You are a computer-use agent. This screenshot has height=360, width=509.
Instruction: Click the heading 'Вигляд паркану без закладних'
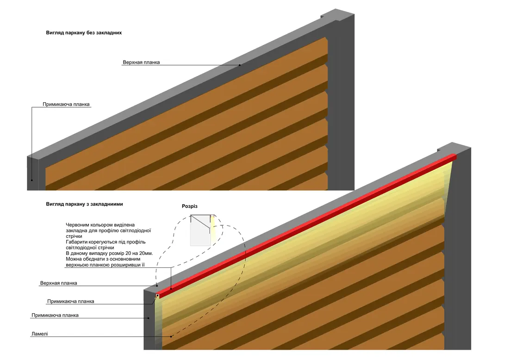coord(84,33)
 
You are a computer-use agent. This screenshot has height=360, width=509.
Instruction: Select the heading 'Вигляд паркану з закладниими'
coord(84,204)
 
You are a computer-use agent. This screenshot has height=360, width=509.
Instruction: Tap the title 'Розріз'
coord(190,206)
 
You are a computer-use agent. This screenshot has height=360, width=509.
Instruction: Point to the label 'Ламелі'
coord(40,334)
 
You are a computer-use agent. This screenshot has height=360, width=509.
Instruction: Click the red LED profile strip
coord(307,226)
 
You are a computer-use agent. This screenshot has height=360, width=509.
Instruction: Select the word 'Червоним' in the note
coord(77,224)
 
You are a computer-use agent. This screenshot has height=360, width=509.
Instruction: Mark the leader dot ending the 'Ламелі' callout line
coord(171,336)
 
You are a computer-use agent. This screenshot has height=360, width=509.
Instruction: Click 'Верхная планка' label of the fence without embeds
coord(141,62)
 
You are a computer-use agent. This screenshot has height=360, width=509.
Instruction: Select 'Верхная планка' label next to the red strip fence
coord(58,283)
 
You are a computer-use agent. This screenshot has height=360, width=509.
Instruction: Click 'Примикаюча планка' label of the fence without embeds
coord(66,104)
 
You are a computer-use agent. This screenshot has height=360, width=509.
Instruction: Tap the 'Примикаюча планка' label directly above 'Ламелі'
coord(55,315)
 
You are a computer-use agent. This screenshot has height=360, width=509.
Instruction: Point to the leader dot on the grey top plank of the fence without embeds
coord(240,65)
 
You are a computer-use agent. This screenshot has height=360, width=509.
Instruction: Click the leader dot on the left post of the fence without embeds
coord(32,180)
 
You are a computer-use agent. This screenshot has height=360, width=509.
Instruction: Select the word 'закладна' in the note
coord(76,230)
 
